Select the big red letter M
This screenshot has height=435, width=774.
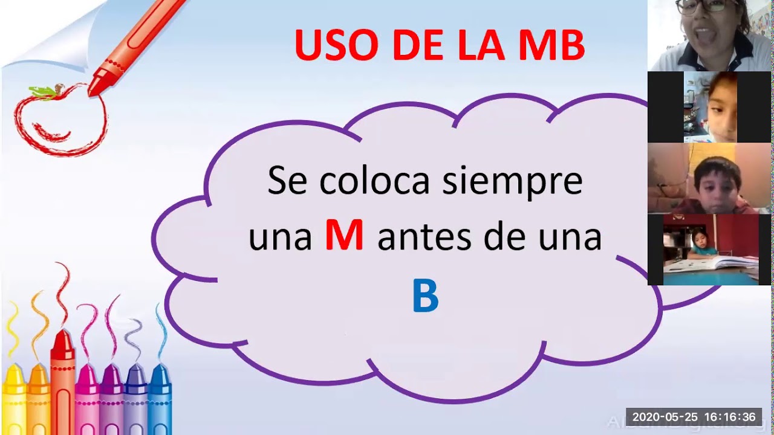click(344, 236)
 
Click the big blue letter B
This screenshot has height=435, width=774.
click(425, 297)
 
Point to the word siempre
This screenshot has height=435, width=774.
click(512, 181)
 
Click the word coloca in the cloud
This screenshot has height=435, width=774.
click(375, 181)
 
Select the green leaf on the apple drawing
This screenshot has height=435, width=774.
click(44, 92)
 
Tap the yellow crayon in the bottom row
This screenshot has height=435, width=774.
click(14, 399)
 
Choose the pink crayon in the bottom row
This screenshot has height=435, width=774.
click(87, 399)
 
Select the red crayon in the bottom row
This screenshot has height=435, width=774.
click(62, 387)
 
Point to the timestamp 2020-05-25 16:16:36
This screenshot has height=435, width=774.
click(694, 417)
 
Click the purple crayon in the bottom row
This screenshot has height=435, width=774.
click(112, 399)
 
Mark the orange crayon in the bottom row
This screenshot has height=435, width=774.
click(38, 399)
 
